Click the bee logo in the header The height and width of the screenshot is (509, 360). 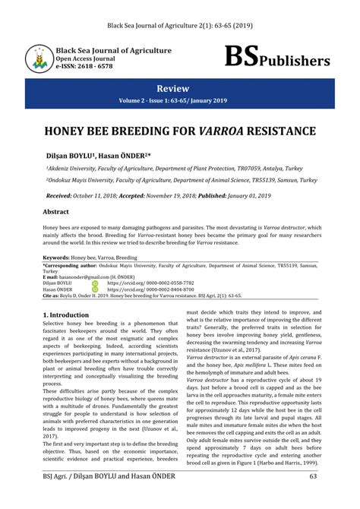[x=38, y=58]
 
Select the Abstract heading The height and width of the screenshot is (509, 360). [x=55, y=212]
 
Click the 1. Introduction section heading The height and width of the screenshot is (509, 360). [x=66, y=313]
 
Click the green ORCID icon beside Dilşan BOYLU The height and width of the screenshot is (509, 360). [x=95, y=283]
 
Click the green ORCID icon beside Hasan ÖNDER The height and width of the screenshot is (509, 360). [x=95, y=289]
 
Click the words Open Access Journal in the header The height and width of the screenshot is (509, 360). [x=85, y=58]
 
